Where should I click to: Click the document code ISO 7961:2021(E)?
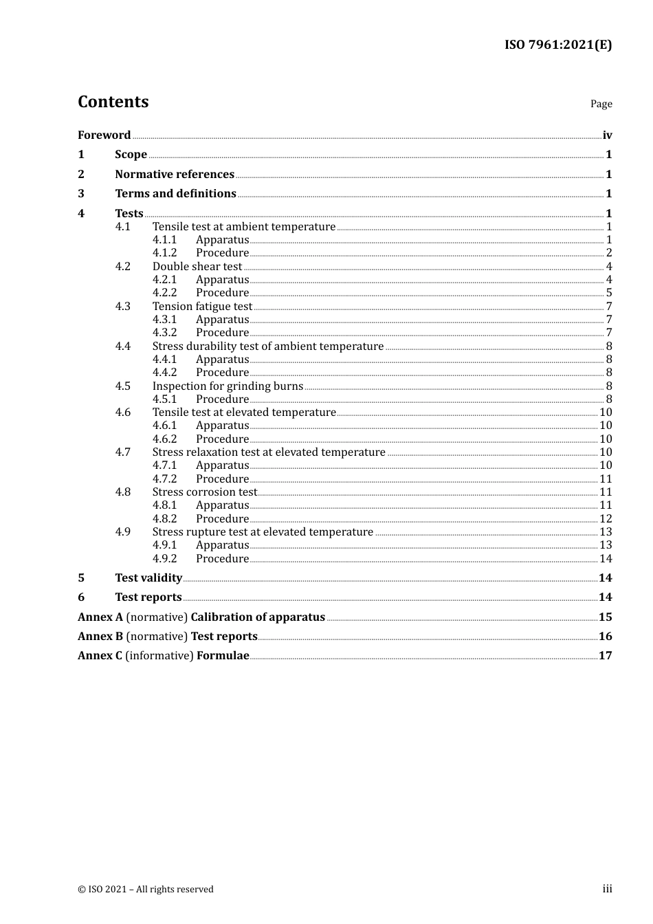(x=557, y=45)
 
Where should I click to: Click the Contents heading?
(x=113, y=102)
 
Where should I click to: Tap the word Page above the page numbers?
(x=601, y=104)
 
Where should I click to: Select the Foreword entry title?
(x=104, y=135)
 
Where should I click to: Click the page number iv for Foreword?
(x=607, y=135)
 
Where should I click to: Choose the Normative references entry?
(x=175, y=175)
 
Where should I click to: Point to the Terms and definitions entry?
(x=175, y=194)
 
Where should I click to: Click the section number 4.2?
(x=122, y=267)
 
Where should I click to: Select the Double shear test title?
(x=197, y=267)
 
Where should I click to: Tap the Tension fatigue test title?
(x=202, y=307)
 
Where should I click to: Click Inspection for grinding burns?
(x=228, y=386)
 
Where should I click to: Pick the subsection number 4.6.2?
(x=164, y=439)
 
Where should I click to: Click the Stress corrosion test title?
(x=204, y=492)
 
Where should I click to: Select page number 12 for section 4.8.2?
(x=606, y=519)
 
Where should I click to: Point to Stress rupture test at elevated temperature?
(x=263, y=532)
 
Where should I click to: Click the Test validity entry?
(x=148, y=578)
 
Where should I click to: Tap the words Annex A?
(x=100, y=617)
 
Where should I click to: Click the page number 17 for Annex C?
(x=605, y=656)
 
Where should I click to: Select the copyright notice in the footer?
(x=146, y=890)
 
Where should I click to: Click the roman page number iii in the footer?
(x=607, y=889)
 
